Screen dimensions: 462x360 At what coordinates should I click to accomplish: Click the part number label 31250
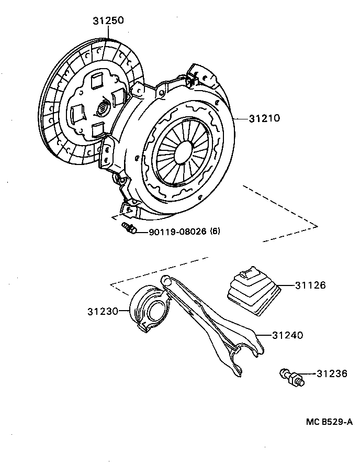[x=109, y=21]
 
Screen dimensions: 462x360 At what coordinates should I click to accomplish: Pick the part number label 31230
[x=103, y=311]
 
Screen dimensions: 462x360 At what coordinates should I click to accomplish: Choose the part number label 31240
[x=288, y=335]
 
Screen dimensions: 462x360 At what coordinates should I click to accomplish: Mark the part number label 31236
[x=332, y=373]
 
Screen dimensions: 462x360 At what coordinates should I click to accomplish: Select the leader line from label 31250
[x=109, y=33]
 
